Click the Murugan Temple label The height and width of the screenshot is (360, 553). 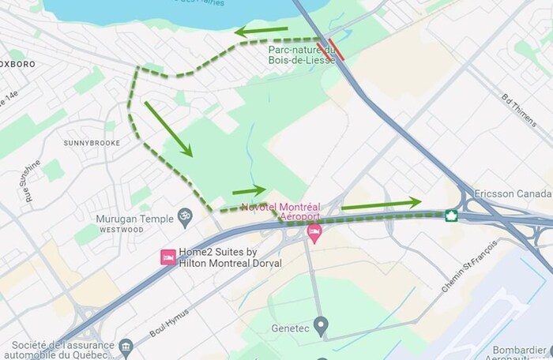pyautogui.click(x=134, y=217)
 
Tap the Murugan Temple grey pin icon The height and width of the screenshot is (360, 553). pyautogui.click(x=186, y=215)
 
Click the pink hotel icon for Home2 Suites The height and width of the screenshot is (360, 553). pyautogui.click(x=167, y=257)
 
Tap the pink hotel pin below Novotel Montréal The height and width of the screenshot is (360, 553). pyautogui.click(x=314, y=233)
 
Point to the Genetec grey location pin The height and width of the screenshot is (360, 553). pyautogui.click(x=321, y=324)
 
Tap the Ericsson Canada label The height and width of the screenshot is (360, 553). pyautogui.click(x=513, y=194)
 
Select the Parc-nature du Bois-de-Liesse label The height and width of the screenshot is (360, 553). pyautogui.click(x=301, y=54)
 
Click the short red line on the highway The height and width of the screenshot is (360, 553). pyautogui.click(x=337, y=49)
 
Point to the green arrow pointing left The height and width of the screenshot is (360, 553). pyautogui.click(x=261, y=32)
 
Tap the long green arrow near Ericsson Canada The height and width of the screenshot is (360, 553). pyautogui.click(x=381, y=204)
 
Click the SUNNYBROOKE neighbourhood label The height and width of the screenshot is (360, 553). pyautogui.click(x=92, y=143)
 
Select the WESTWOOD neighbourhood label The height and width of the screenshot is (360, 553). pyautogui.click(x=122, y=230)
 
